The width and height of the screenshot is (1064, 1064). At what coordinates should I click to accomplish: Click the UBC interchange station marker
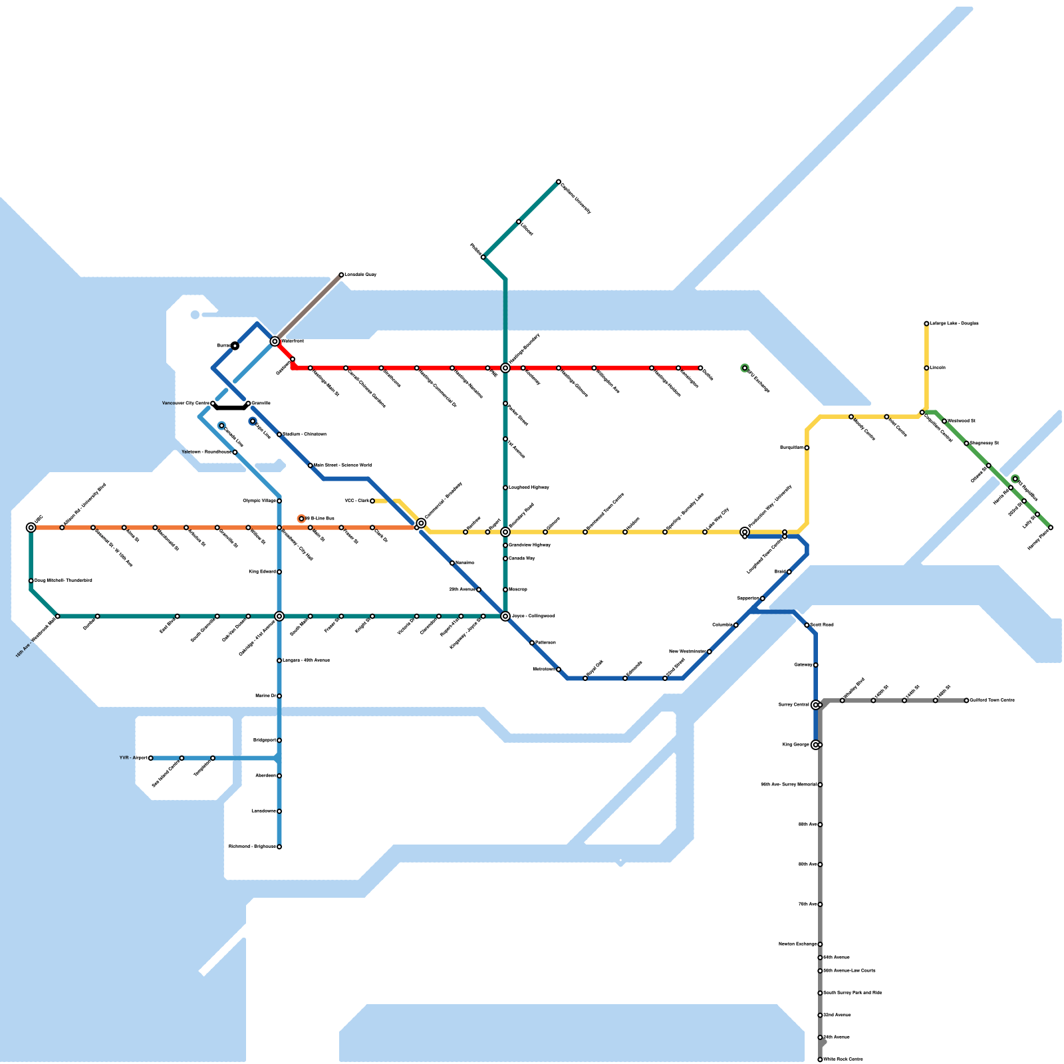pyautogui.click(x=31, y=527)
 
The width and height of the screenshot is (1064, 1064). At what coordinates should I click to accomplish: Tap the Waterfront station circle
pyautogui.click(x=275, y=341)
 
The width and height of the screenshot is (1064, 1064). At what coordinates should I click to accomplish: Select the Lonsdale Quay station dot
pyautogui.click(x=341, y=275)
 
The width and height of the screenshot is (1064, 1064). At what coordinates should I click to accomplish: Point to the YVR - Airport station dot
pyautogui.click(x=150, y=758)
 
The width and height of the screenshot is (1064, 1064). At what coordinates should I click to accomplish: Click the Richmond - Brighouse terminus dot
pyautogui.click(x=279, y=847)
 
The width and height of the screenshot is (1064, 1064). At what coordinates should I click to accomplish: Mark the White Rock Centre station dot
pyautogui.click(x=820, y=1059)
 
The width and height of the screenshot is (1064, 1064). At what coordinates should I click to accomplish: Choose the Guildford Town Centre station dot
pyautogui.click(x=966, y=700)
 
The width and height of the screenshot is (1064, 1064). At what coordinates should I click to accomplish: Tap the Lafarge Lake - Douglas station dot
pyautogui.click(x=926, y=324)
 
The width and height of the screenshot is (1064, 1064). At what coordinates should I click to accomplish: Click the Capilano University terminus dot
pyautogui.click(x=559, y=182)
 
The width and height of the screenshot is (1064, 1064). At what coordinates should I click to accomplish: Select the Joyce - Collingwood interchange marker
pyautogui.click(x=505, y=616)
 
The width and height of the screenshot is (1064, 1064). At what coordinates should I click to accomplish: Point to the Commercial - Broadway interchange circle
pyautogui.click(x=421, y=523)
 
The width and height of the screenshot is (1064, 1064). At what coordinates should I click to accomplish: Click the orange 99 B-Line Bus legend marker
pyautogui.click(x=301, y=518)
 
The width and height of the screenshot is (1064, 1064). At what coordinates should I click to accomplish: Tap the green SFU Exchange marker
pyautogui.click(x=745, y=368)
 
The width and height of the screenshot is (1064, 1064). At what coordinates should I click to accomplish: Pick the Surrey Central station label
pyautogui.click(x=793, y=705)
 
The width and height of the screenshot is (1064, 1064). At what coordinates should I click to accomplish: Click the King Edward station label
pyautogui.click(x=262, y=572)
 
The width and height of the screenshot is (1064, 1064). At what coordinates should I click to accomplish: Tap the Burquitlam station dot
pyautogui.click(x=807, y=448)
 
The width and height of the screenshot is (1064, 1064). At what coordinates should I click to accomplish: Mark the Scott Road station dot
pyautogui.click(x=807, y=625)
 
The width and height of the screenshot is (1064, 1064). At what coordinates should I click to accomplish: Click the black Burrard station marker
pyautogui.click(x=235, y=346)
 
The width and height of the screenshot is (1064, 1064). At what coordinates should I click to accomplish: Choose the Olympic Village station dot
pyautogui.click(x=279, y=501)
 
